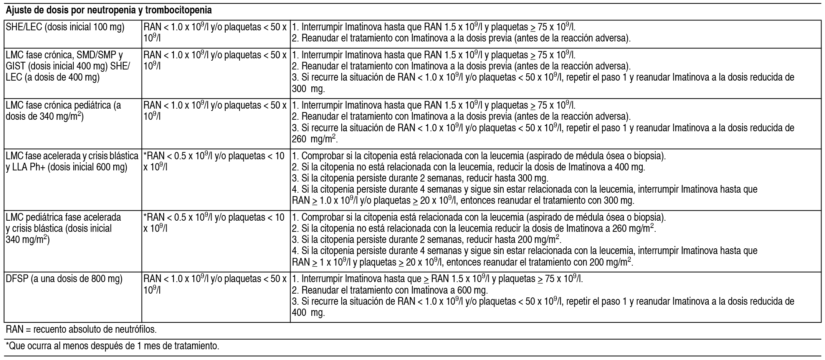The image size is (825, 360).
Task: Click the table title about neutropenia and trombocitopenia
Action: point(109,10)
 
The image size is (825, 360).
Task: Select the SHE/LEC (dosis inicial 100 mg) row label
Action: point(65,28)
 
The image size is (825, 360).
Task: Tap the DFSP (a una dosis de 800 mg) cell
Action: point(64,279)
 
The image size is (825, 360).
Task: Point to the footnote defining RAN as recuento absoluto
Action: point(81,329)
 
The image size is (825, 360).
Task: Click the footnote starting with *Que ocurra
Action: point(112,346)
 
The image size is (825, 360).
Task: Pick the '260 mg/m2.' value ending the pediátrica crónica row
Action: point(314,139)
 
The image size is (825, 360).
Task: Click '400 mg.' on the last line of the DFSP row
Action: point(308,313)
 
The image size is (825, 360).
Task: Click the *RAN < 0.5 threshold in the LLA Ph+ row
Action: point(213,162)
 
